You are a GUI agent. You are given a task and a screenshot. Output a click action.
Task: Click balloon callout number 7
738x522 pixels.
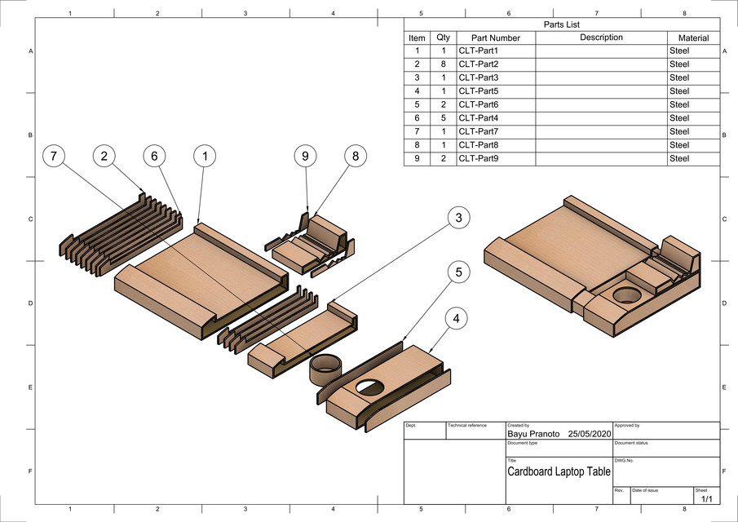[x=53, y=156]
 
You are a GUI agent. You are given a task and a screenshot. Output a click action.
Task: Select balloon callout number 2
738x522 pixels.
[x=104, y=156]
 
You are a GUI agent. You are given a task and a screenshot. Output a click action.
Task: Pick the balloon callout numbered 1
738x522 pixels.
[x=205, y=156]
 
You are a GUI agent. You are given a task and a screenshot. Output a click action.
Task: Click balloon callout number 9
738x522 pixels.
[x=305, y=156]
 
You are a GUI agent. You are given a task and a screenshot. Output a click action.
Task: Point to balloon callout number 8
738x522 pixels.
[x=356, y=156]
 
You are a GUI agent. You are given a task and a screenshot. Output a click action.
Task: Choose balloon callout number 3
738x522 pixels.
[x=459, y=218]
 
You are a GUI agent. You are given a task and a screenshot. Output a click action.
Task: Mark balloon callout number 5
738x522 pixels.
[x=459, y=273]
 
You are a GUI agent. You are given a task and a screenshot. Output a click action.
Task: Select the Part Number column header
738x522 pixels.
[x=489, y=38]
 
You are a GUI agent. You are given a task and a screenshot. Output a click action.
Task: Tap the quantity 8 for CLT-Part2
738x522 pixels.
[x=443, y=64]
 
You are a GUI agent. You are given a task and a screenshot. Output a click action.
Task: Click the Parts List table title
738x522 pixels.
[x=561, y=24]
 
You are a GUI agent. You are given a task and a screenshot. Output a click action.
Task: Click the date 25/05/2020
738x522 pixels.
[x=590, y=435]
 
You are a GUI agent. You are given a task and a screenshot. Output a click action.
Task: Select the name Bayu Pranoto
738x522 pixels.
[x=533, y=435]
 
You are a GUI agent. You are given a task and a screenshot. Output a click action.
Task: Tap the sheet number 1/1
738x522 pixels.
[x=705, y=498]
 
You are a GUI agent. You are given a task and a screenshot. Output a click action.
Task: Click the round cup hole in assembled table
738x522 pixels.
[x=627, y=295]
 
